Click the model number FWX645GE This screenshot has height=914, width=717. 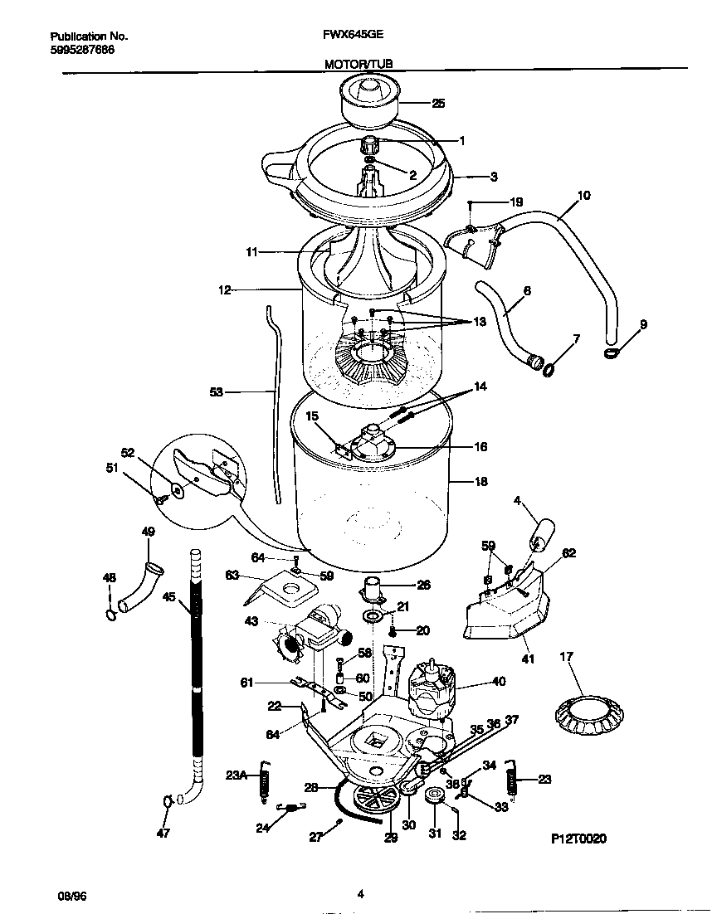(347, 36)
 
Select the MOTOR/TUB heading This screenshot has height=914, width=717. (358, 63)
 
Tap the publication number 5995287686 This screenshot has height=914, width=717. (82, 50)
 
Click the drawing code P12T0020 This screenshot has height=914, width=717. (578, 839)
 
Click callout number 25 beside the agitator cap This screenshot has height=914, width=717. (438, 104)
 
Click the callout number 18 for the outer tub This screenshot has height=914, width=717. (480, 481)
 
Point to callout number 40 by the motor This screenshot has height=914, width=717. (498, 683)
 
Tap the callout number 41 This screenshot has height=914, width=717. (528, 659)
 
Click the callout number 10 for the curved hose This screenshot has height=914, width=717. (583, 196)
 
